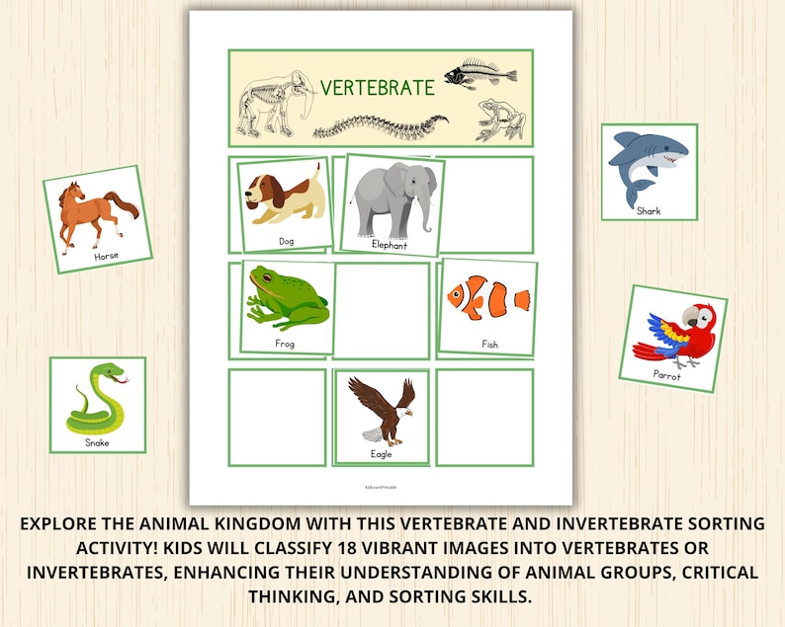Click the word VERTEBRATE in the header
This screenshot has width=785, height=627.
point(377,87)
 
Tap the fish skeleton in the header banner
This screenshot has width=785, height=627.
point(480,73)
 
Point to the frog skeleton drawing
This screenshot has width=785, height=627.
point(500,119)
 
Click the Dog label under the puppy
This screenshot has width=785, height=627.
point(286,241)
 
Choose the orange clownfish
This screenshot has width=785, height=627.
point(488,297)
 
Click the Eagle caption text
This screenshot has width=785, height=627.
point(381,454)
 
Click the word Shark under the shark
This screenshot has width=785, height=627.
point(649,210)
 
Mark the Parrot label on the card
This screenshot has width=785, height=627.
point(666,375)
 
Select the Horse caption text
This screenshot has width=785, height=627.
point(106,256)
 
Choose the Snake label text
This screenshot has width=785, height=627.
point(97,442)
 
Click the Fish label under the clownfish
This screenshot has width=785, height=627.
point(489,345)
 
